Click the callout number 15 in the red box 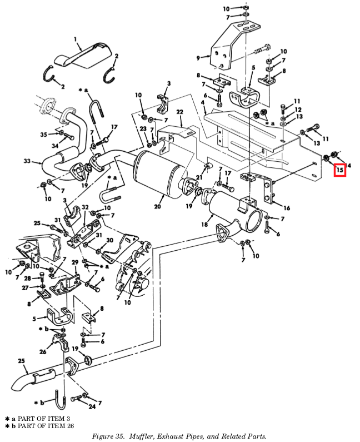coord(339,170)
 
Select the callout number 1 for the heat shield coord(76,38)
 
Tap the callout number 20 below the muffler coord(157,206)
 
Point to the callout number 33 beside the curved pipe coord(27,161)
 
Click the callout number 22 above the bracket coord(179,112)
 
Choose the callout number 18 coord(204,225)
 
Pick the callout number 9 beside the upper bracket coord(198,58)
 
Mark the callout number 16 coord(287,208)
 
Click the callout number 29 coord(74,262)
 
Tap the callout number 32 coord(85,207)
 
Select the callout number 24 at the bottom coord(92,406)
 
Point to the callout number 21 coord(199,177)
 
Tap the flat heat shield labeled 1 coord(83,55)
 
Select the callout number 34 coord(54,146)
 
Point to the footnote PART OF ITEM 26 coord(46,426)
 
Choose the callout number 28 coord(27,279)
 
